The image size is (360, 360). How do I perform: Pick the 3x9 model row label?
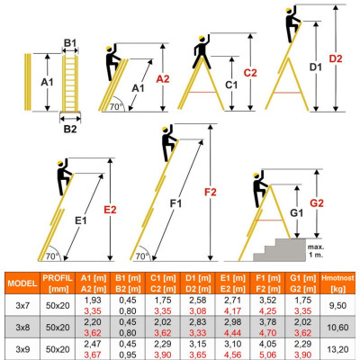click(x=21, y=346)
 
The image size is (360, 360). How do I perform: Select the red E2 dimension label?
click(x=111, y=210)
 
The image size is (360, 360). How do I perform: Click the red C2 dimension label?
click(x=250, y=73)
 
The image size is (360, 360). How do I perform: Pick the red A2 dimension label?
click(x=163, y=79)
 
